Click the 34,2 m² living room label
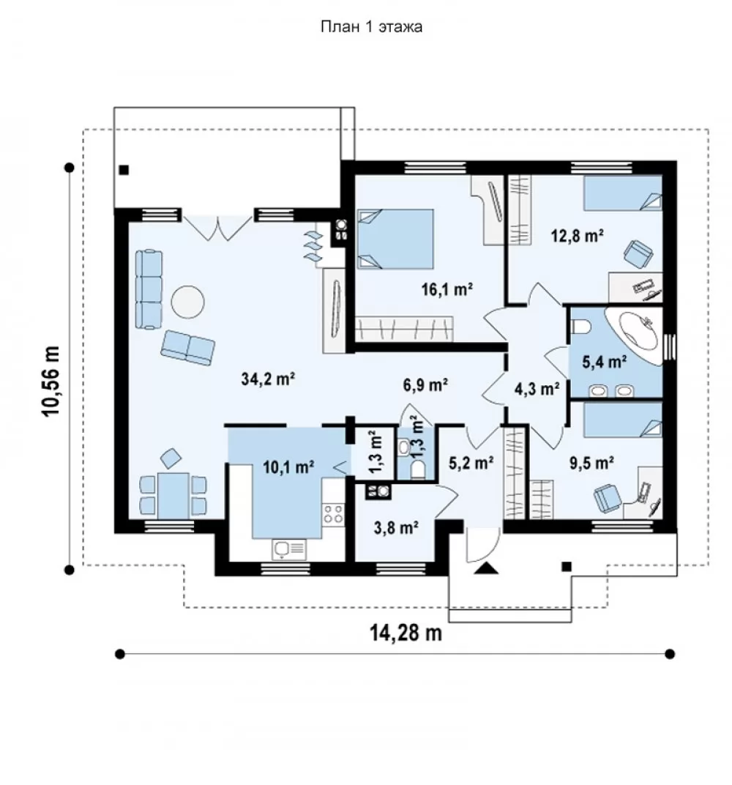coord(268,379)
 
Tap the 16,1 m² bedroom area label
coord(447,289)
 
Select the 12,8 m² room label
coord(577,235)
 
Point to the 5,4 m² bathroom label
coord(605,362)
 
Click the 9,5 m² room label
coord(592,463)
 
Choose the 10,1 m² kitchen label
coord(288,467)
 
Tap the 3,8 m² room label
coord(396,527)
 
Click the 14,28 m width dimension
coord(406,633)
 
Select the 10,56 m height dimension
coord(51,382)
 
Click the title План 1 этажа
coord(371,26)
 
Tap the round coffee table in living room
coord(187,302)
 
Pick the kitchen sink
coord(288,549)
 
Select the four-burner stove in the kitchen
coord(333,514)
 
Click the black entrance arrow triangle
coord(486,568)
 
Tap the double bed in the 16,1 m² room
coord(395,239)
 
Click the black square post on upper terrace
coord(124,170)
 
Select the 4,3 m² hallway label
coord(537,388)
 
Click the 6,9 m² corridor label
coord(425,384)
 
